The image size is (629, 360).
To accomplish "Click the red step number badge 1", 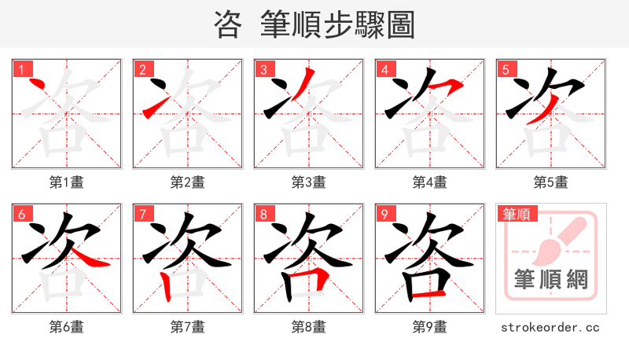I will pyautogui.click(x=21, y=69).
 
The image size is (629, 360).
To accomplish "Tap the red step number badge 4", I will pyautogui.click(x=384, y=69).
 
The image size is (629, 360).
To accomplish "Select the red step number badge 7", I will pyautogui.click(x=142, y=214).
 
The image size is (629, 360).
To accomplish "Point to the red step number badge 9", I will pyautogui.click(x=384, y=214).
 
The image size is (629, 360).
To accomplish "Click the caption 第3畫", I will pyautogui.click(x=308, y=182).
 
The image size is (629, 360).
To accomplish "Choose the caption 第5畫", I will pyautogui.click(x=550, y=182).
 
